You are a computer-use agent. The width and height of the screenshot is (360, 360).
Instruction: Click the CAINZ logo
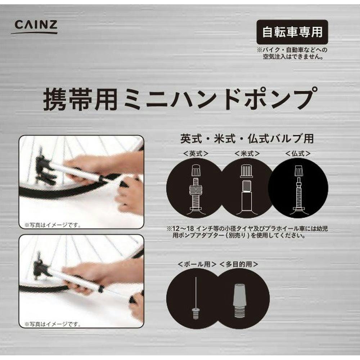coord(35,26)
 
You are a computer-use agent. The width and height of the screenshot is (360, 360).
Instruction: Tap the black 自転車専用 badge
coord(292,32)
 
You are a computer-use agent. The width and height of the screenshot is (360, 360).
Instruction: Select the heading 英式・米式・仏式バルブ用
coord(247,139)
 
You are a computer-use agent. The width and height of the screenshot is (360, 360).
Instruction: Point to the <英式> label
coord(196,154)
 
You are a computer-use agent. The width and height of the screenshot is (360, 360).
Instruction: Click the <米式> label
coord(247,154)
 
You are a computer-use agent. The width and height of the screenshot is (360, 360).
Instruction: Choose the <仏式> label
coord(298,154)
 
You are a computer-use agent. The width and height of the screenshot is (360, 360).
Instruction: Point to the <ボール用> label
coord(197,264)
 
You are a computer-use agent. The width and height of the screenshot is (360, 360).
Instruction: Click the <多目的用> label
coord(239,264)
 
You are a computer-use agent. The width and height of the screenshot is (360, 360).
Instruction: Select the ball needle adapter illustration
coord(195,298)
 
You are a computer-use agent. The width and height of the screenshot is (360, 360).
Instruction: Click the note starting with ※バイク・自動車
coord(292,53)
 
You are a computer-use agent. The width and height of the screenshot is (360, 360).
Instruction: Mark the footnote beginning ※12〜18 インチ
coord(247,232)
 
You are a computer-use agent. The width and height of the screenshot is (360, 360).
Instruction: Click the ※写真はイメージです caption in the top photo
coord(53,225)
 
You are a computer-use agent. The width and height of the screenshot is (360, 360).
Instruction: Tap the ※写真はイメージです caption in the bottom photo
coord(53,324)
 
